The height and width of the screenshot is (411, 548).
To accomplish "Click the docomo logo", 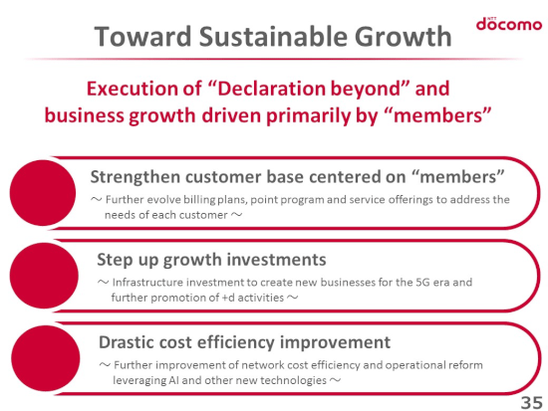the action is [x=509, y=24].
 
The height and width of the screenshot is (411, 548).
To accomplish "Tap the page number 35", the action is [x=531, y=402].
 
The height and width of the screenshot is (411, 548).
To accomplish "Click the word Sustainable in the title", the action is [x=273, y=36].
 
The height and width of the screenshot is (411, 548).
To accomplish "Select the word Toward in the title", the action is [x=142, y=36].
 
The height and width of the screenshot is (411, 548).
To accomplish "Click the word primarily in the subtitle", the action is [x=308, y=115].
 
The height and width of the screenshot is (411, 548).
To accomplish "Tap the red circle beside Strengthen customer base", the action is [x=43, y=193].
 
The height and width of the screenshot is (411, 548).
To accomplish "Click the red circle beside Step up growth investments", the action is [x=44, y=276].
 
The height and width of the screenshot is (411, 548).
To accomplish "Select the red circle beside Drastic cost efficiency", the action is [x=46, y=358].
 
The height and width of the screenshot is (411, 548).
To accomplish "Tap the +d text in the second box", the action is [x=228, y=298].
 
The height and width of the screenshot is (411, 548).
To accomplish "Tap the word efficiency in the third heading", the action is [x=236, y=342].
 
